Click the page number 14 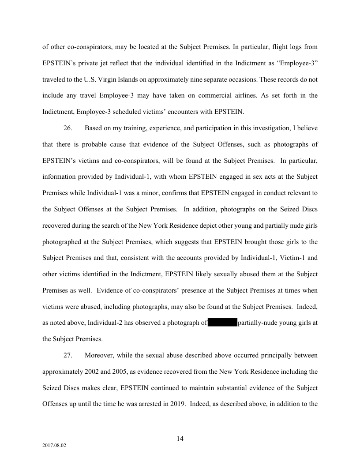click(180, 438)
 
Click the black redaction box click(222, 323)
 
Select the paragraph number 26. click(68, 128)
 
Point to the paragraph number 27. click(68, 355)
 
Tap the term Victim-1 click(282, 257)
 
